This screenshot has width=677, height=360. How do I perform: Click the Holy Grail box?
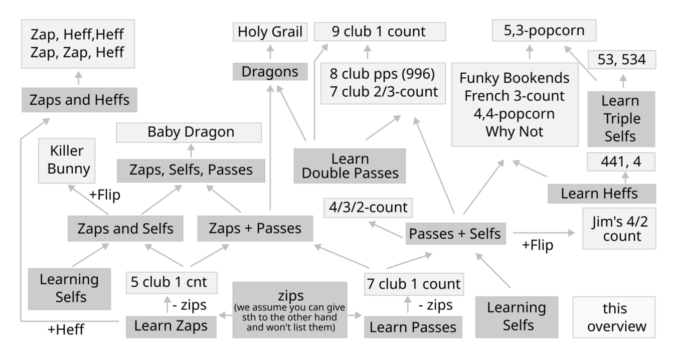(270, 33)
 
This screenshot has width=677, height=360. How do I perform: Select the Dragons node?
(270, 72)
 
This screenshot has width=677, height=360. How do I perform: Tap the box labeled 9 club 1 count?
(379, 32)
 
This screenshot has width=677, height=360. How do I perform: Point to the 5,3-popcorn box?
(544, 31)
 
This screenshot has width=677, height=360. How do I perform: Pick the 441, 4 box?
(621, 162)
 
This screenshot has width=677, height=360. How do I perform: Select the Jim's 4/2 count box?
(619, 229)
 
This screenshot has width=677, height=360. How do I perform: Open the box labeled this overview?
(614, 317)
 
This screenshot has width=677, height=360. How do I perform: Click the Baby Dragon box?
(191, 132)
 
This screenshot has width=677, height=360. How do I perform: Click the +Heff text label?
(66, 330)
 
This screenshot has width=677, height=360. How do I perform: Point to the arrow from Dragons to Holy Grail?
(270, 52)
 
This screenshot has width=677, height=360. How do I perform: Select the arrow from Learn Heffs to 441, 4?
(625, 177)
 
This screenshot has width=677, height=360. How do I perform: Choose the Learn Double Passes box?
(350, 166)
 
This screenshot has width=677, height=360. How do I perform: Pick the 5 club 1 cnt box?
(172, 283)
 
